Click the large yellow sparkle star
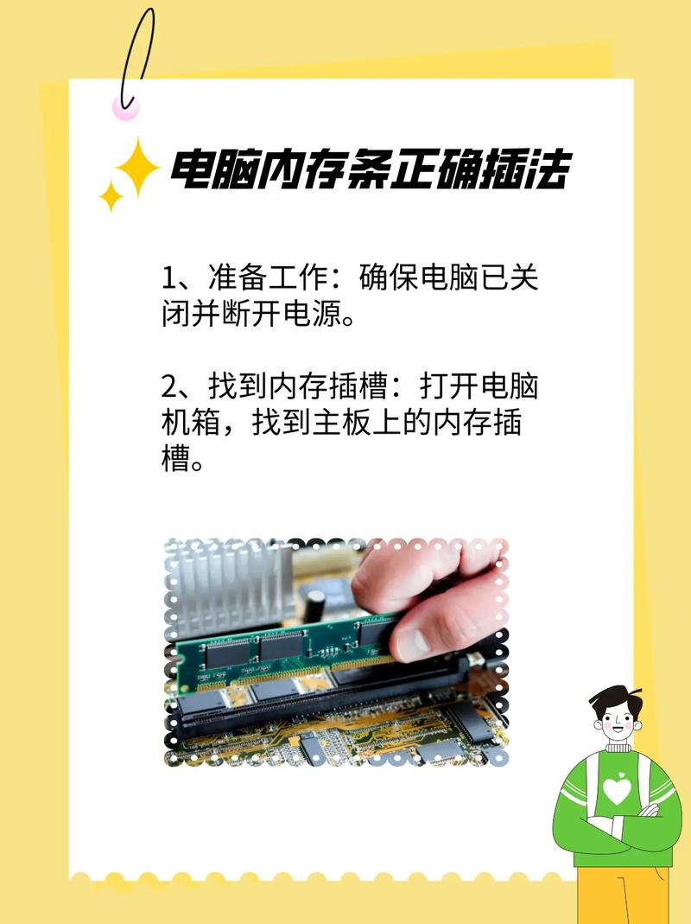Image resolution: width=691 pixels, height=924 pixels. (137, 169)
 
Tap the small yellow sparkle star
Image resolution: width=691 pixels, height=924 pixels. (111, 196)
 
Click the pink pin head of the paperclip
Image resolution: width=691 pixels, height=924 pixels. (125, 107)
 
